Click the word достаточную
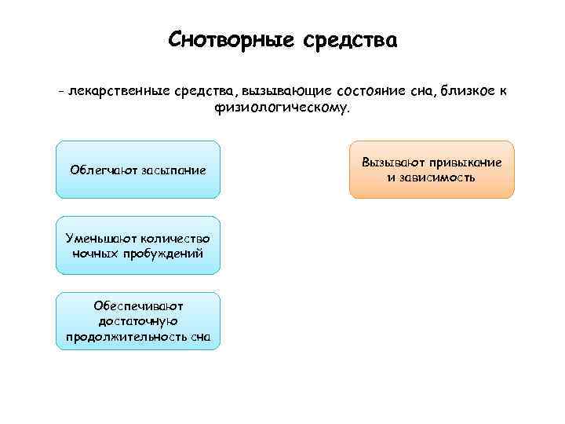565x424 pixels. [138, 322]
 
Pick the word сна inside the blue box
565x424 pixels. [202, 338]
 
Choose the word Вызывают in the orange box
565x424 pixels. [394, 162]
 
